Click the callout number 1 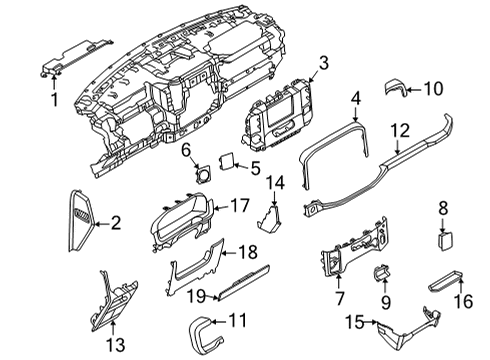[x=54, y=100]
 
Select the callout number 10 [x=434, y=90]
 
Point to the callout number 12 [x=399, y=129]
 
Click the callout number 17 [x=240, y=204]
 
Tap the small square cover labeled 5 [x=227, y=160]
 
